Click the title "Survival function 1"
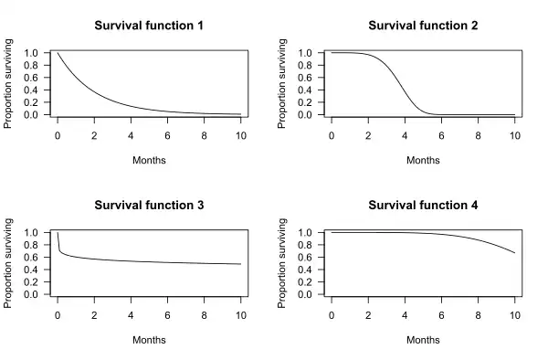pyautogui.click(x=149, y=26)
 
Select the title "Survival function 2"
pyautogui.click(x=423, y=26)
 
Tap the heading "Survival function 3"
pyautogui.click(x=149, y=206)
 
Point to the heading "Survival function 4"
pyautogui.click(x=423, y=206)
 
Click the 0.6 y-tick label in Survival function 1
pyautogui.click(x=31, y=78)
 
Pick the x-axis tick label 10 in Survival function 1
pyautogui.click(x=241, y=135)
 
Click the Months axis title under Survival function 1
pyautogui.click(x=149, y=161)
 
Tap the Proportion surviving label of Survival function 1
pyautogui.click(x=7, y=83)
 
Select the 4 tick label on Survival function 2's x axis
pyautogui.click(x=405, y=135)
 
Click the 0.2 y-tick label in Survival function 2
pyautogui.click(x=305, y=102)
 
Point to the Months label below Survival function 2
pyautogui.click(x=423, y=161)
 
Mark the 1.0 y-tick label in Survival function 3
pyautogui.click(x=31, y=232)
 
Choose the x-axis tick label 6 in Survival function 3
pyautogui.click(x=167, y=315)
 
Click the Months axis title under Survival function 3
pyautogui.click(x=149, y=340)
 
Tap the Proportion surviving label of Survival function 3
pyautogui.click(x=7, y=263)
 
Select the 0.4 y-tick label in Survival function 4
pyautogui.click(x=305, y=270)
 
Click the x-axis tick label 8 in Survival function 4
pyautogui.click(x=478, y=315)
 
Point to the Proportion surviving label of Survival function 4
pyautogui.click(x=281, y=263)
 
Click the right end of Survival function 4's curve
pyautogui.click(x=514, y=253)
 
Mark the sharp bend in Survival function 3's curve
pyautogui.click(x=59, y=250)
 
